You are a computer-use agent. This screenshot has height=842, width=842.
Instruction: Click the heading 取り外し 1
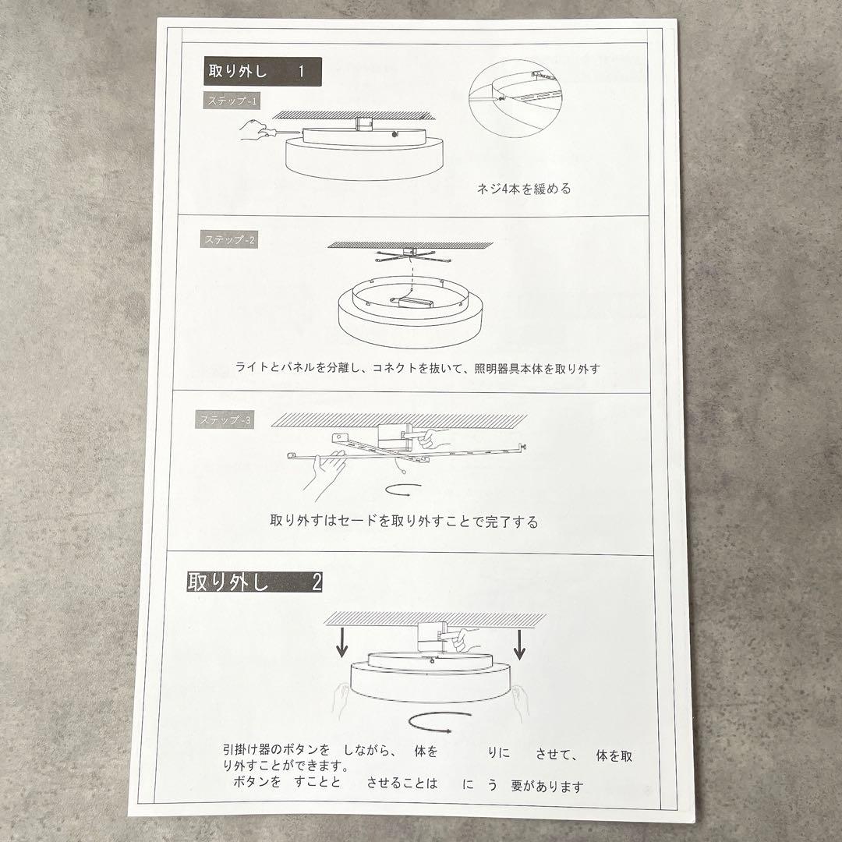click(262, 72)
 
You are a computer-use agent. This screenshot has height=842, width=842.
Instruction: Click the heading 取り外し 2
click(254, 582)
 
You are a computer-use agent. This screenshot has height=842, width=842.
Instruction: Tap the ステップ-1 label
click(232, 101)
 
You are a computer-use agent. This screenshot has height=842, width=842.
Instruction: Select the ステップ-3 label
click(224, 420)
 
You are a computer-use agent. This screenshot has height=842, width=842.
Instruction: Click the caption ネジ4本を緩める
click(524, 189)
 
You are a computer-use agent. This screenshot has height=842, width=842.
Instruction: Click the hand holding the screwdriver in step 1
click(253, 129)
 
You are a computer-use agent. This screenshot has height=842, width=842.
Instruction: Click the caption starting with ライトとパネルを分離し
click(417, 368)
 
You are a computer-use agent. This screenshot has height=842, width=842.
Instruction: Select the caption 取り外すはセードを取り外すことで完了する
click(404, 522)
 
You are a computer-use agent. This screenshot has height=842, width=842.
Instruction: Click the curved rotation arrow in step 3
click(404, 489)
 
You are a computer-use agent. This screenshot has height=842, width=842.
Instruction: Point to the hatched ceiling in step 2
click(410, 245)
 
